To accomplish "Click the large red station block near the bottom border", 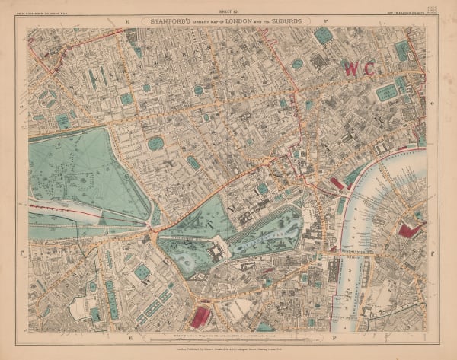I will click(x=201, y=317).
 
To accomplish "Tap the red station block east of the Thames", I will click(x=412, y=228).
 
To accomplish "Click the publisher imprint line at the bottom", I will click(x=228, y=346).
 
